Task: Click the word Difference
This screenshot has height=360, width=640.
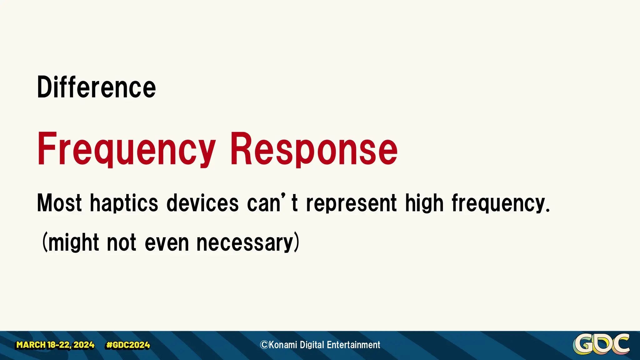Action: click(x=96, y=87)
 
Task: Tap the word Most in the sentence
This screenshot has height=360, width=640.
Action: click(x=59, y=203)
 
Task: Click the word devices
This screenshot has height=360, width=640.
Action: click(x=202, y=203)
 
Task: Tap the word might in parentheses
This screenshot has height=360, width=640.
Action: click(x=74, y=243)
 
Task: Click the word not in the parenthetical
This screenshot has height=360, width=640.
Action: click(x=122, y=243)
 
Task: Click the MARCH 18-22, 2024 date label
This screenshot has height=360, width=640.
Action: click(x=55, y=345)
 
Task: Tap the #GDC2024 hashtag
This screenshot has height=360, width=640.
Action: click(x=128, y=345)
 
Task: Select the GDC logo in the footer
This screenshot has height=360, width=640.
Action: click(x=601, y=344)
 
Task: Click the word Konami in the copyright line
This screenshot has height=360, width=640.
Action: click(x=283, y=345)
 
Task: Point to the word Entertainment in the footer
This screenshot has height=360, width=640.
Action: click(x=353, y=345)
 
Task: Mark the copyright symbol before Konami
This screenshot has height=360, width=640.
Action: click(x=264, y=345)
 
